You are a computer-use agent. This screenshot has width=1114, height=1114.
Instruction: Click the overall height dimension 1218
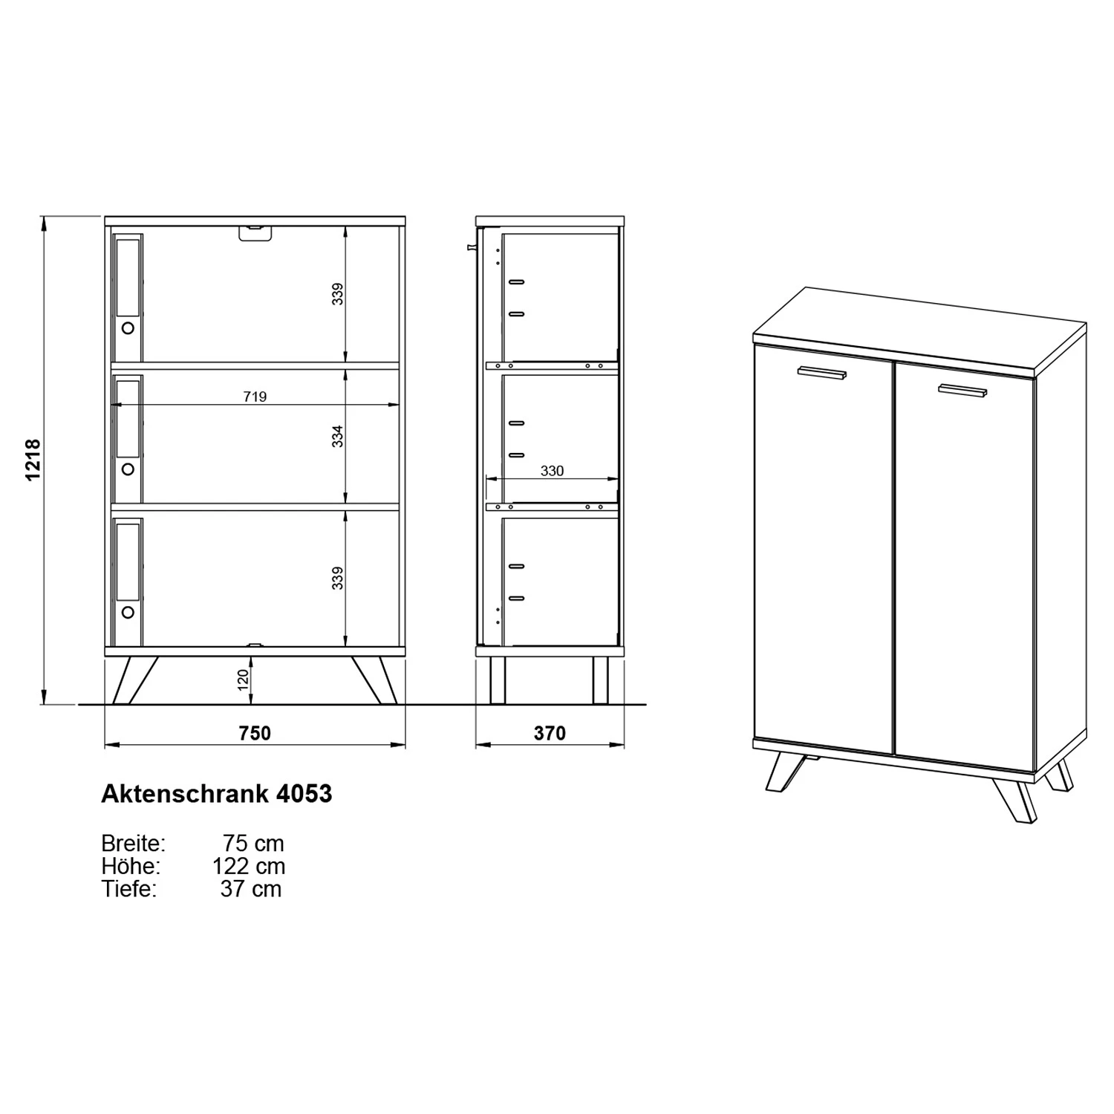pos(33,460)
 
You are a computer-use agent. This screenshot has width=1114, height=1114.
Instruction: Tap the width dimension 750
pos(255,734)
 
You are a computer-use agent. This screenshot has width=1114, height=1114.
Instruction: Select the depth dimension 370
pos(550,734)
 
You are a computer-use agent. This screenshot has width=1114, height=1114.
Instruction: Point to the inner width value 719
pos(255,397)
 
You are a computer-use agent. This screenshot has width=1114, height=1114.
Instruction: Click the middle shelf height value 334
pos(338,436)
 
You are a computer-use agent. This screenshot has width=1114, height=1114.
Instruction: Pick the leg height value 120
pos(243,680)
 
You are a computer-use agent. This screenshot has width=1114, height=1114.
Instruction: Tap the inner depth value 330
pos(552,471)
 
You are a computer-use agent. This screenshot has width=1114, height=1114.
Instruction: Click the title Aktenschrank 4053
pos(216,794)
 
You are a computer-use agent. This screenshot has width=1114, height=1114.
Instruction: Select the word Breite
pos(133,844)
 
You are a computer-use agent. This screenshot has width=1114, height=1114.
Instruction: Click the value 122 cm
pos(249,866)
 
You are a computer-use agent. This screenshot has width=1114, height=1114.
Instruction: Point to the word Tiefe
pos(129,889)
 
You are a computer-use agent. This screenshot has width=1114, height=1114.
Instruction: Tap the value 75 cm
pos(253,844)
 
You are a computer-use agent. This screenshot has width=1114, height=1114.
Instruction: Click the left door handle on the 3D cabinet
pos(822,374)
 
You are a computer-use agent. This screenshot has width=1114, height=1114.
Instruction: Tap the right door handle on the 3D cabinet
pos(962,391)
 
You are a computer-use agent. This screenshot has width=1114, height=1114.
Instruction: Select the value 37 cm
pos(251,889)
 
